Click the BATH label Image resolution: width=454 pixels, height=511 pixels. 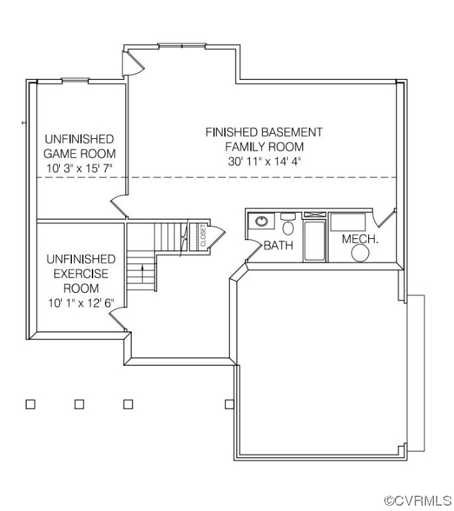pos(278,246)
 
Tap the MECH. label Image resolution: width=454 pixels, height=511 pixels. pos(360,239)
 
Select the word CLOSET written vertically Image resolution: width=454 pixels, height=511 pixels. pos(202,236)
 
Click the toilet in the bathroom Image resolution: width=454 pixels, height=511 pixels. pos(288,226)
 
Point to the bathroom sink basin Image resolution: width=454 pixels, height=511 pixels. pos(261,220)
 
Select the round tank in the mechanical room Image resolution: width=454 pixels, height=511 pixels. pos(360,254)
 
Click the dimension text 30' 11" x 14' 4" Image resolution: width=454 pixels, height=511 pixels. pos(264,161)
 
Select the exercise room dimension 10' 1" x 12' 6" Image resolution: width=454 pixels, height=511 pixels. pos(81,303)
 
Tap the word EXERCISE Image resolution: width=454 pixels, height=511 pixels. pos(81,274)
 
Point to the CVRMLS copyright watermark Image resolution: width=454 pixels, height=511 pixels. pos(417,499)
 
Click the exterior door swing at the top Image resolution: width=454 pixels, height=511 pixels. pos(132,64)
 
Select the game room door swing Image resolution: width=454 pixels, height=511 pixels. pos(118,205)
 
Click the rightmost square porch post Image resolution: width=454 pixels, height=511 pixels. pos(229,404)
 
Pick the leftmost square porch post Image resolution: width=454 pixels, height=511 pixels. pos(30,404)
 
